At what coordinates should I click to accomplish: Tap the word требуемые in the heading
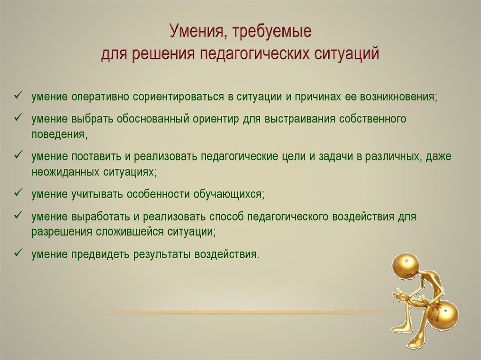pos(272,32)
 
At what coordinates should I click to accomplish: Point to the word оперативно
pos(101,97)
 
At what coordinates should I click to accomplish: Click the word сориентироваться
pos(178,97)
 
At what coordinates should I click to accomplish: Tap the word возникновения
pos(399,97)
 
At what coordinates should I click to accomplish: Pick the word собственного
pos(372,119)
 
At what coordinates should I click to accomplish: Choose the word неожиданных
pos(65,172)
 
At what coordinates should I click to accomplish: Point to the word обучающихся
pos(229,194)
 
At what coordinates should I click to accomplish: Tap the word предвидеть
pos(101,254)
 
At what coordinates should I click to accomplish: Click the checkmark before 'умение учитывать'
pos(18,192)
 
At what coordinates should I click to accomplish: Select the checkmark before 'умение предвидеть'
pos(18,253)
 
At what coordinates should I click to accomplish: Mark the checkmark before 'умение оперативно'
pos(18,95)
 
